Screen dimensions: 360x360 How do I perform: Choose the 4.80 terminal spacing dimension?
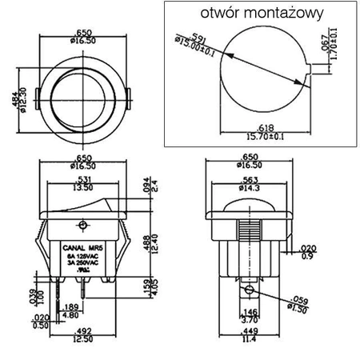[70, 315]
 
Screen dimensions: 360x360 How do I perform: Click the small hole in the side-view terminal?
[250, 290]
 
